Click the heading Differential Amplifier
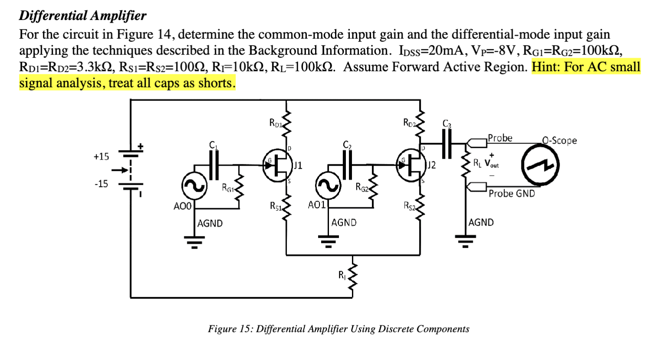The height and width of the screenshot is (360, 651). coord(83,16)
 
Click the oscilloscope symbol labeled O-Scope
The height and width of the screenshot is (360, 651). coord(540,165)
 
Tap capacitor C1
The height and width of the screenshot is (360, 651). coord(213,165)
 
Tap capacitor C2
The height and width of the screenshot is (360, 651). coord(347,165)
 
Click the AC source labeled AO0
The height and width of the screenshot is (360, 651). coord(194,186)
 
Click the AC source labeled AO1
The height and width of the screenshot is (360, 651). coord(328,186)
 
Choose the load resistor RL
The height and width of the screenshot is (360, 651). coord(467,164)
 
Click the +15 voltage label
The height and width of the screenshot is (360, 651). coord(101,157)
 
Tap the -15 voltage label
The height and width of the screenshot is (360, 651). coord(101,184)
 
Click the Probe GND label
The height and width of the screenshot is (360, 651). coord(511,193)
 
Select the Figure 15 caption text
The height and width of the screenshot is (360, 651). coord(339,329)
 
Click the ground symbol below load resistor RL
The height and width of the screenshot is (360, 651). coord(465,240)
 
